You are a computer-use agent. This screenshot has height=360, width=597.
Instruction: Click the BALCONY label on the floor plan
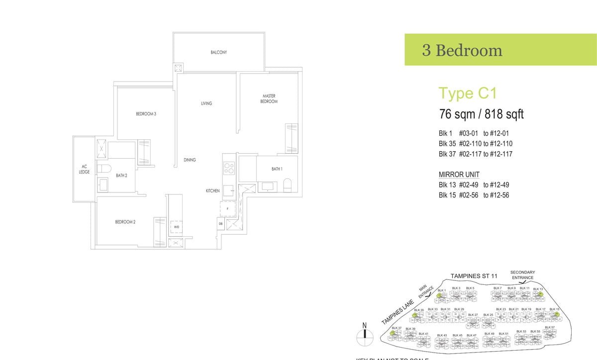pyautogui.click(x=218, y=52)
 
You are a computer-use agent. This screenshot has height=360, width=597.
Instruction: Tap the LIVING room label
pyautogui.click(x=206, y=103)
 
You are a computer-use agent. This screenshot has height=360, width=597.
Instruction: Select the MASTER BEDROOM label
pyautogui.click(x=269, y=98)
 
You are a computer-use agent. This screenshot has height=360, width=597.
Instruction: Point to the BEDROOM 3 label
pyautogui.click(x=146, y=114)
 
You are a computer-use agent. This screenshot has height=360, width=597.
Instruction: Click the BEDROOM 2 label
pyautogui.click(x=125, y=222)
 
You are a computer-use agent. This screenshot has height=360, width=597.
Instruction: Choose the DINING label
pyautogui.click(x=190, y=160)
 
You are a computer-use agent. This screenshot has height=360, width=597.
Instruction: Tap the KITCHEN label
pyautogui.click(x=213, y=191)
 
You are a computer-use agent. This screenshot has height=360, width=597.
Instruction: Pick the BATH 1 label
pyautogui.click(x=277, y=169)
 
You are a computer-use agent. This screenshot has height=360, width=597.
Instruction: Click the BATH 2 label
pyautogui.click(x=122, y=175)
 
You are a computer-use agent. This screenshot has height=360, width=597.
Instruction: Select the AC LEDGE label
pyautogui.click(x=84, y=170)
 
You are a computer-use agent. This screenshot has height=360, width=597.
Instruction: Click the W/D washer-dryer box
pyautogui.click(x=177, y=227)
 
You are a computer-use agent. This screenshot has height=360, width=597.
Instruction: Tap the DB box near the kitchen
pyautogui.click(x=220, y=224)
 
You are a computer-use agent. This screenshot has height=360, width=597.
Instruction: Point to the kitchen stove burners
pyautogui.click(x=229, y=168)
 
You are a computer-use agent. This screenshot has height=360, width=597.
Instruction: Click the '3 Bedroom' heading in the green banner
pyautogui.click(x=462, y=50)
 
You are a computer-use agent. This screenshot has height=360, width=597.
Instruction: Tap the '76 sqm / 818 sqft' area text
pyautogui.click(x=481, y=114)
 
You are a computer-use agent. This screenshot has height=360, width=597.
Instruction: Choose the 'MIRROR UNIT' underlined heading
pyautogui.click(x=459, y=175)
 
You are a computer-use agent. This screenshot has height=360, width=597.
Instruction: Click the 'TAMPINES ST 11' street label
pyautogui.click(x=474, y=276)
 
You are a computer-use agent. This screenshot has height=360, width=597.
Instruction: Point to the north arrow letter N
pyautogui.click(x=364, y=326)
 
